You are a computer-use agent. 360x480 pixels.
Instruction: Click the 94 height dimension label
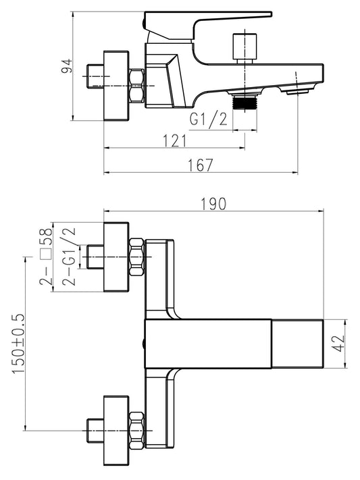(67, 65)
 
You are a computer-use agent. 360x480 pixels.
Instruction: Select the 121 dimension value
(174, 141)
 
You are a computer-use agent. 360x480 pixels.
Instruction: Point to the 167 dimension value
(200, 165)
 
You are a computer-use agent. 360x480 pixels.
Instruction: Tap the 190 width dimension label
(213, 204)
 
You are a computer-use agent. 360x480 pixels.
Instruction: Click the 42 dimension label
(338, 344)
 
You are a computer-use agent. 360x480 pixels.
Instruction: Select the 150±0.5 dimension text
(18, 344)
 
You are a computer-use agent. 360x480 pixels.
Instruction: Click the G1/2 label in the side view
(209, 119)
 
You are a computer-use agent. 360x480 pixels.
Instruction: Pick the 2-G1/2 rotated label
(69, 257)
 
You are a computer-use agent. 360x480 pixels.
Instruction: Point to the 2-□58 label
(46, 257)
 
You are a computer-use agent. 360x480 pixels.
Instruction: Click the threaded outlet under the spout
(245, 102)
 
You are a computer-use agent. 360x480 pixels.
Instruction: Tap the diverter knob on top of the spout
(245, 48)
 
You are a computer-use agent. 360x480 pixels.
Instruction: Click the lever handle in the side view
(208, 26)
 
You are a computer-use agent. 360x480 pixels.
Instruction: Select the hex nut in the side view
(136, 86)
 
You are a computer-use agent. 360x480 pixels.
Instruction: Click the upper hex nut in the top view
(136, 257)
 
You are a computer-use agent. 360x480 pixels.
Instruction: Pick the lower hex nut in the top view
(136, 431)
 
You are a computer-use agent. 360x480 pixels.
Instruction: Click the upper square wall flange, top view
(116, 257)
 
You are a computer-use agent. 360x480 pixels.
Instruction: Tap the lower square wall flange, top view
(116, 431)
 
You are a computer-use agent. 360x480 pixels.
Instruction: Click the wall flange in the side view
(116, 86)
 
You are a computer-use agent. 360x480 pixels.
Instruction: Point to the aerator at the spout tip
(297, 92)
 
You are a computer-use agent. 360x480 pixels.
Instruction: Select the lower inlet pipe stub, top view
(95, 431)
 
